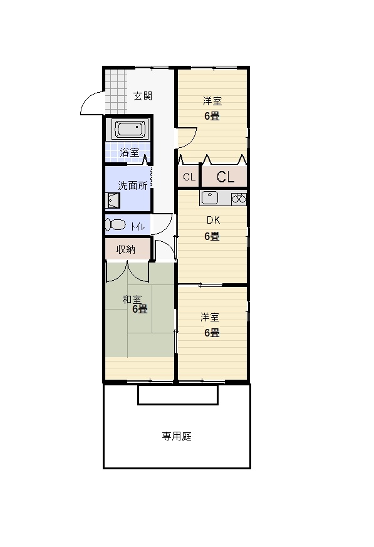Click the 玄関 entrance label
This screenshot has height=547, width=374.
click(x=143, y=96)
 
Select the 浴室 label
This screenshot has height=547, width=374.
click(x=130, y=152)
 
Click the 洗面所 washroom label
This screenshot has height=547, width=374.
click(x=133, y=185)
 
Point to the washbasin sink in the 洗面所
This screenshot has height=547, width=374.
click(x=112, y=201)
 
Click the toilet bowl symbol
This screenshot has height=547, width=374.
click(x=115, y=225)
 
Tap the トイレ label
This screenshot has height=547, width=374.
click(x=138, y=227)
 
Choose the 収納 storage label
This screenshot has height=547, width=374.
click(x=125, y=249)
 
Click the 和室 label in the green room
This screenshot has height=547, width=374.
click(x=132, y=300)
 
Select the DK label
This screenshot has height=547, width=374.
click(x=213, y=220)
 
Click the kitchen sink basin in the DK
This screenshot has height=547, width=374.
click(x=209, y=198)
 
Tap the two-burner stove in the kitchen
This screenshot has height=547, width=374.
click(x=239, y=199)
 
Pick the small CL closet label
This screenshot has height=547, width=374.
click(x=189, y=177)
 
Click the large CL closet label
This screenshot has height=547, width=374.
click(x=226, y=177)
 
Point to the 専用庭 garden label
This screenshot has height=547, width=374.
click(x=177, y=436)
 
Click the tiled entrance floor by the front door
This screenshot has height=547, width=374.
click(x=115, y=91)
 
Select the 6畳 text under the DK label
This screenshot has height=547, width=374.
click(x=212, y=236)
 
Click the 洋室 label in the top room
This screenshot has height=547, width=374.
click(x=212, y=101)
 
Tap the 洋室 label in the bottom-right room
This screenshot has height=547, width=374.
click(x=210, y=318)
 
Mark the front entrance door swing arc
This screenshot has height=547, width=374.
click(x=88, y=97)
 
